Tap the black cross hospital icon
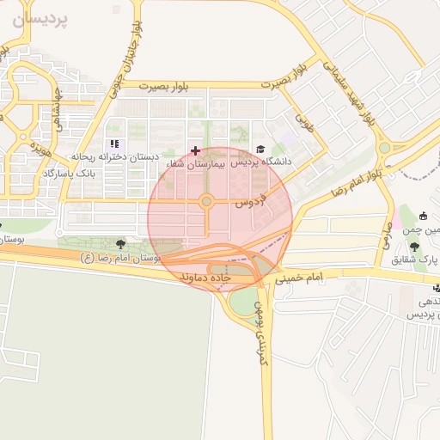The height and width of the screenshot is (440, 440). click(195, 150)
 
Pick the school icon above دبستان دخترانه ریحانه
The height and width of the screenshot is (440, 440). click(114, 144)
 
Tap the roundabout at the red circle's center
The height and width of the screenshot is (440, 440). click(207, 202)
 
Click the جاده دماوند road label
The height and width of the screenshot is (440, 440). click(206, 278)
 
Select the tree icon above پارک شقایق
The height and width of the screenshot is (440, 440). click(415, 247)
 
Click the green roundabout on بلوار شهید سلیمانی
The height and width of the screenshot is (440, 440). click(384, 148)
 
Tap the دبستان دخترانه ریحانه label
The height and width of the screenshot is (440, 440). click(116, 157)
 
